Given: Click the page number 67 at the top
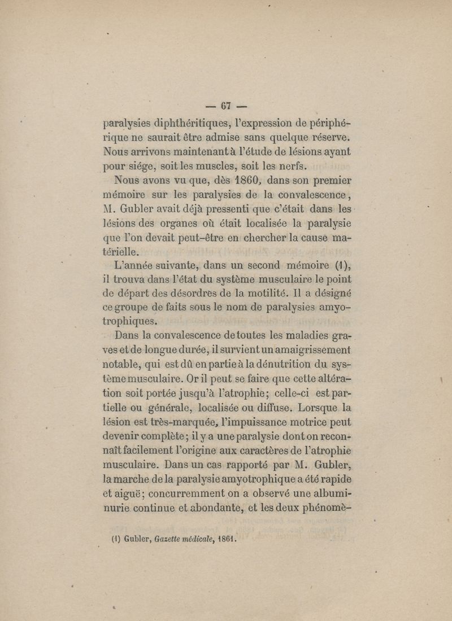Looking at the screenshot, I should (x=227, y=106).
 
